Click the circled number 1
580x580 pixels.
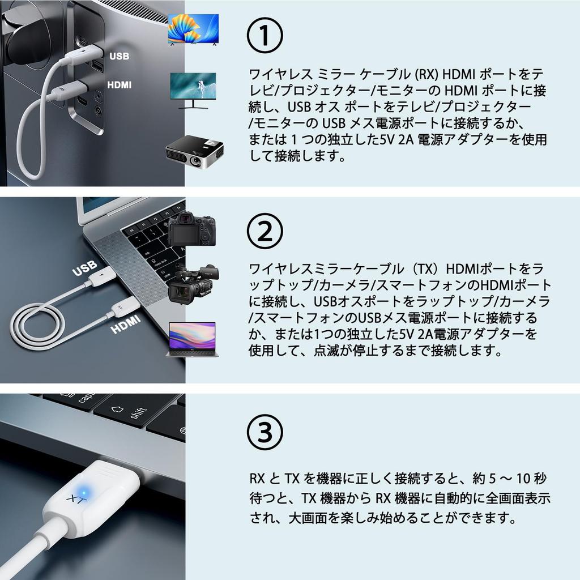point(265,35)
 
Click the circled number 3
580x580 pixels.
point(265,432)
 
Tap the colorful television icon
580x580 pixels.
point(193,29)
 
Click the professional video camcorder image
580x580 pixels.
point(193,283)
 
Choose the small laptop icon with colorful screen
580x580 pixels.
point(192,339)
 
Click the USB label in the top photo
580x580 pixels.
point(120,56)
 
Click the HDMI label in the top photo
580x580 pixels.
point(119,85)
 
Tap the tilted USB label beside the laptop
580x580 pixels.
point(84,269)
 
